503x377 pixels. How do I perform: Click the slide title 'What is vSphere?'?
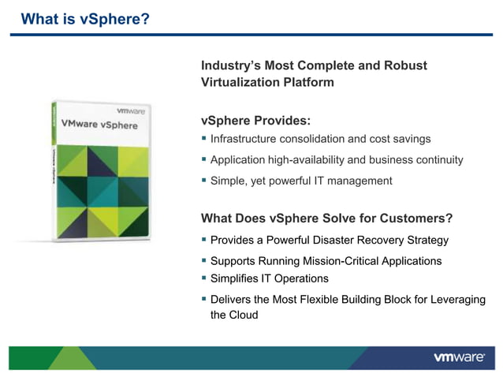click(x=84, y=18)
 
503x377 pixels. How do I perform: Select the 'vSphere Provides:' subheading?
click(x=255, y=121)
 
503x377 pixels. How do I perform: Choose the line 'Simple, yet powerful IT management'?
click(x=300, y=181)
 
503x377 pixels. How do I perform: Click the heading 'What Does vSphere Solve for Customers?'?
click(x=326, y=218)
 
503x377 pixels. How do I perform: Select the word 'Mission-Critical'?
click(x=353, y=261)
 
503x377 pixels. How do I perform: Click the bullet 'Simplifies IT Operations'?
click(x=269, y=278)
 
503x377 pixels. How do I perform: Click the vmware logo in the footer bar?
click(x=459, y=357)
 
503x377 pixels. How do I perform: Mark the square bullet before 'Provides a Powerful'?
click(x=204, y=239)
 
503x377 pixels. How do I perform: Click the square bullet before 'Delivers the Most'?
click(x=204, y=299)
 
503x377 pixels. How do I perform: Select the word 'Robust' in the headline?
click(x=406, y=65)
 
